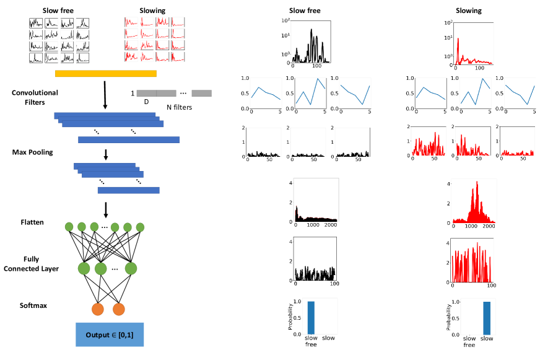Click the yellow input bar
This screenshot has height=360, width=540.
105,74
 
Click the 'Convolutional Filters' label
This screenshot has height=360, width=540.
35,97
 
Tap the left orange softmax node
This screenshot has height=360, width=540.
98,309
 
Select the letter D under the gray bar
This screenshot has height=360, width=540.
146,103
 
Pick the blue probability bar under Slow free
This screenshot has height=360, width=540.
311,317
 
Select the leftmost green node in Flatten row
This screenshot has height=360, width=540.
69,227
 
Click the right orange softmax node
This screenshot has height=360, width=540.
118,309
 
